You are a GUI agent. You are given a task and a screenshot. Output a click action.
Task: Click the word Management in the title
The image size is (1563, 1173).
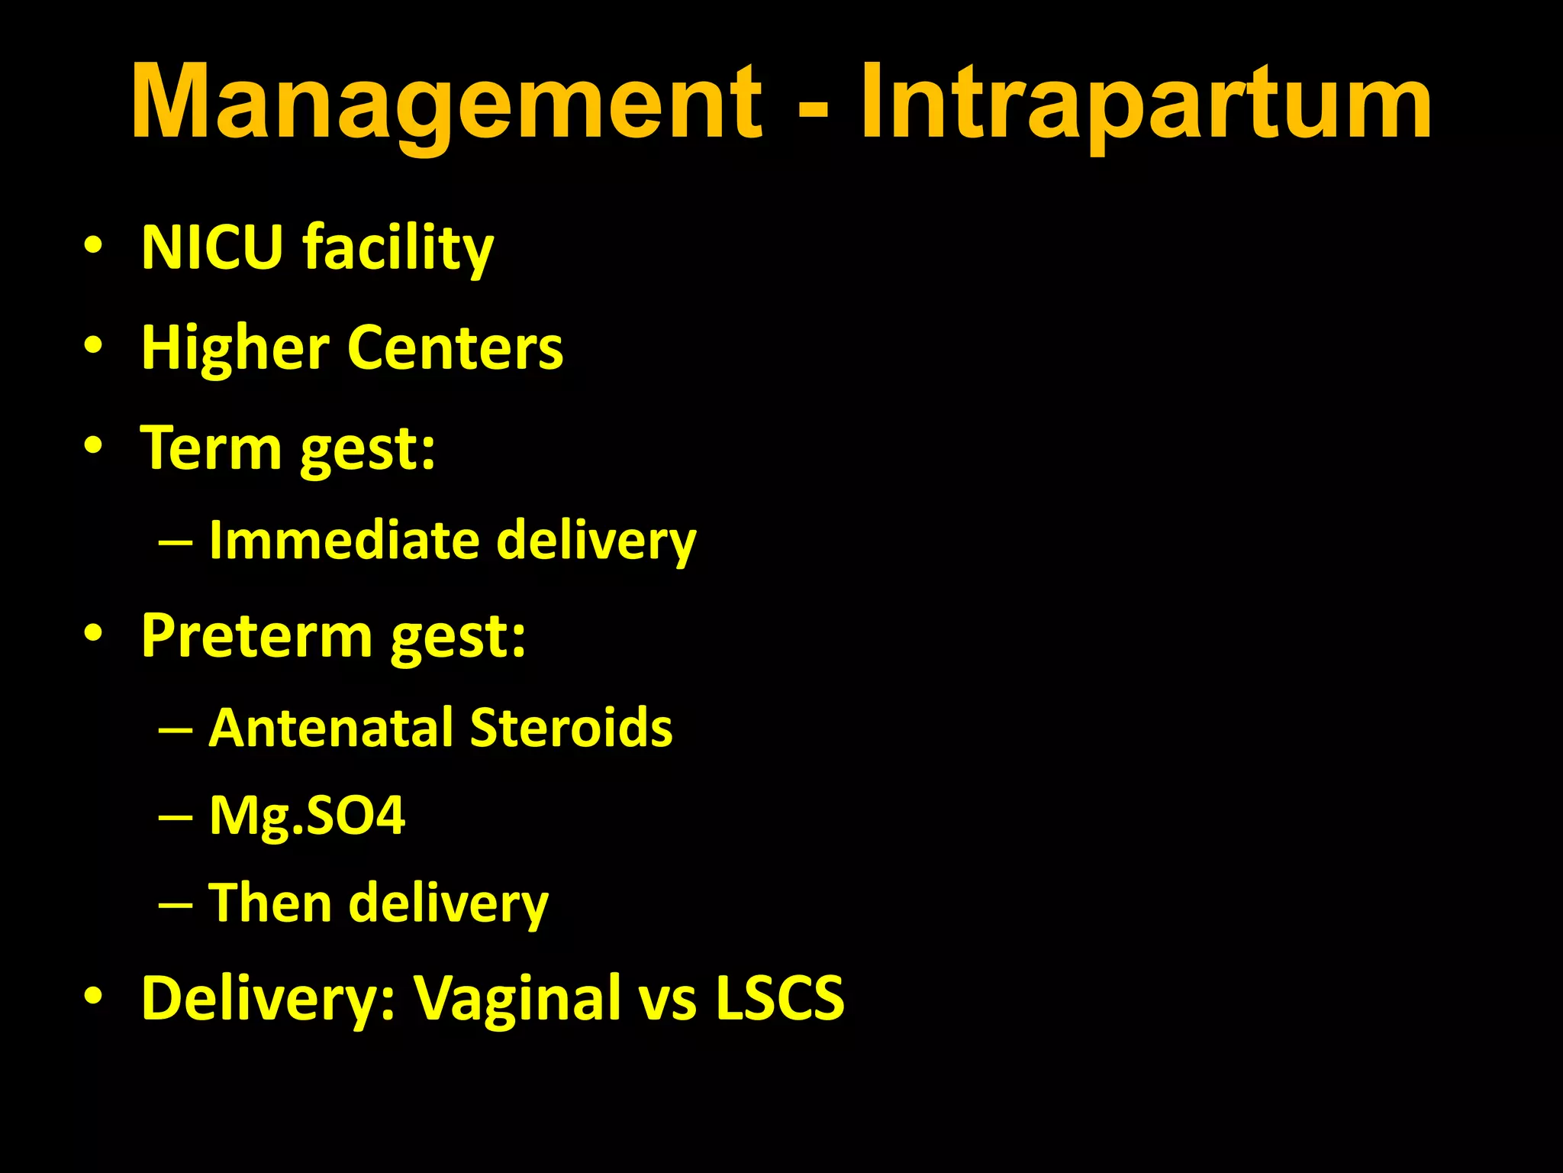(446, 103)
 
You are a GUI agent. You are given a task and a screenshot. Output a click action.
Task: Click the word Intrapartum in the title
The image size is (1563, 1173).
(1146, 103)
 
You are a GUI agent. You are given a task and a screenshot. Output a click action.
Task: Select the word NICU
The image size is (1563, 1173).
(212, 248)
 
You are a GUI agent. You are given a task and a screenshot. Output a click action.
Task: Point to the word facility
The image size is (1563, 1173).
(398, 248)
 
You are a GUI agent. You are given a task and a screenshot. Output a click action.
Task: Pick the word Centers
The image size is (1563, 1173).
(455, 348)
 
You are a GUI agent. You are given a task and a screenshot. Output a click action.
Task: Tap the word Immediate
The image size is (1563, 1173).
(343, 540)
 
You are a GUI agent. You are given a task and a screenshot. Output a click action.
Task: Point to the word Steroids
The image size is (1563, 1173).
(571, 727)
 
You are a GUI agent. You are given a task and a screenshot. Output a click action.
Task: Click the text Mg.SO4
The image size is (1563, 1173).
(307, 816)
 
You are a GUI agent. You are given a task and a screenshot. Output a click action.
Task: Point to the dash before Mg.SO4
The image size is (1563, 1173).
(176, 817)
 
